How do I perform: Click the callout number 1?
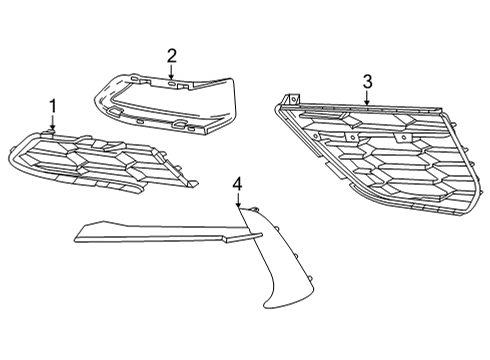pos(53,106)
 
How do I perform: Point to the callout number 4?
pos(237,183)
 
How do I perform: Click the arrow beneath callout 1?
pos(53,124)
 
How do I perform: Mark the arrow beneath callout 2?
pos(172,72)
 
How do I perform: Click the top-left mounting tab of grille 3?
pos(291,98)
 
